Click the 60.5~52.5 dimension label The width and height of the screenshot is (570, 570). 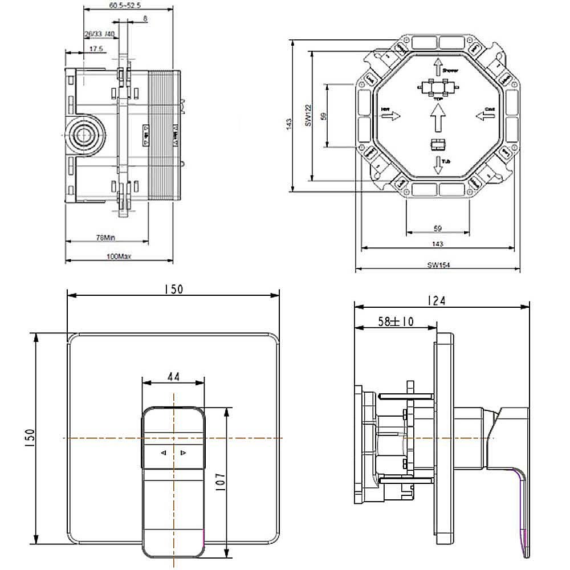121,5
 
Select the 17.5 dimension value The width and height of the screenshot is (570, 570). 96,50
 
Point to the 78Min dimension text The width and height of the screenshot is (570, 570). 105,237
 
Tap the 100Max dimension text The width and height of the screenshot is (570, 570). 119,257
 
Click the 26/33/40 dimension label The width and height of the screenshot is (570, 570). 99,35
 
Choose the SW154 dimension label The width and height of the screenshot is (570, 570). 437,264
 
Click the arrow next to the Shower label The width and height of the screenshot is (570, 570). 437,67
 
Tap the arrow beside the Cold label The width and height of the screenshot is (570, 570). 484,116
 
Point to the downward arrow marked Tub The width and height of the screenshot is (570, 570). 437,165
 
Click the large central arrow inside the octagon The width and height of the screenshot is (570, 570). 437,120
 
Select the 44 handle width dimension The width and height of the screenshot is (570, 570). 173,377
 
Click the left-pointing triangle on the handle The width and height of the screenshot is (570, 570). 164,453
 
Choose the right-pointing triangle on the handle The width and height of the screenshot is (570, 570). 183,453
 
